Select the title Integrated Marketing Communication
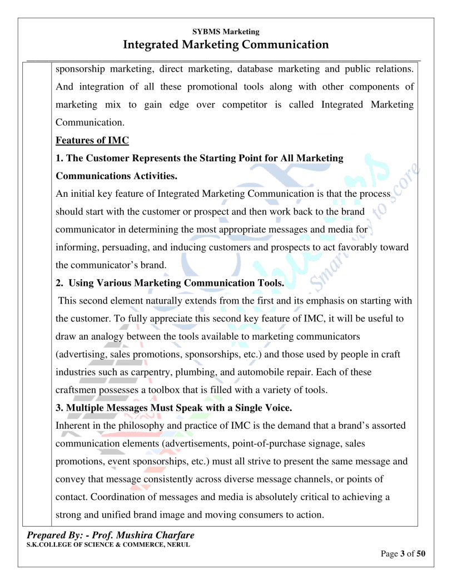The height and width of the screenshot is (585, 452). pos(226,44)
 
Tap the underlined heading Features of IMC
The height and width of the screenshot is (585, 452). pos(92,140)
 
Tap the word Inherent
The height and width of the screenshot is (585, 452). pos(73,425)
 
